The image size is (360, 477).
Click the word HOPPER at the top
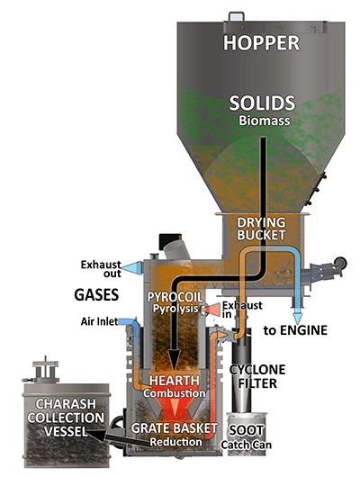pos(261,43)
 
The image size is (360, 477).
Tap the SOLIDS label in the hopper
pos(262,103)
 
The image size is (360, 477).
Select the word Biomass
pos(264,121)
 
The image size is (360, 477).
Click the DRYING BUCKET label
pos(261,229)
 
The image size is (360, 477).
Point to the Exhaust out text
pos(101,269)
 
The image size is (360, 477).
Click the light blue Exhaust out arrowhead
pos(131,267)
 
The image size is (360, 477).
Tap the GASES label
pos(96,295)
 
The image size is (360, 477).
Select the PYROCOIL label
pos(175,297)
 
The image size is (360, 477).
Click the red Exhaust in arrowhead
pos(211,310)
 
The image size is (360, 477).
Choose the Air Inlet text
pos(100,321)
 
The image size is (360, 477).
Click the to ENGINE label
pos(295,330)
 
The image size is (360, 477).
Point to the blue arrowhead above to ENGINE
pos(298,319)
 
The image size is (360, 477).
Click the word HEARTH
pos(174,381)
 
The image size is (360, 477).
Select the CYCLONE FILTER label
pos(257,376)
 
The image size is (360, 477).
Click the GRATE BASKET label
pos(174,428)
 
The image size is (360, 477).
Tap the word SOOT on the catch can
pos(246,430)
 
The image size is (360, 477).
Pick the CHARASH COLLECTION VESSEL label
pos(66,418)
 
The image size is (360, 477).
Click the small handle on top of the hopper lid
pos(236,16)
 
